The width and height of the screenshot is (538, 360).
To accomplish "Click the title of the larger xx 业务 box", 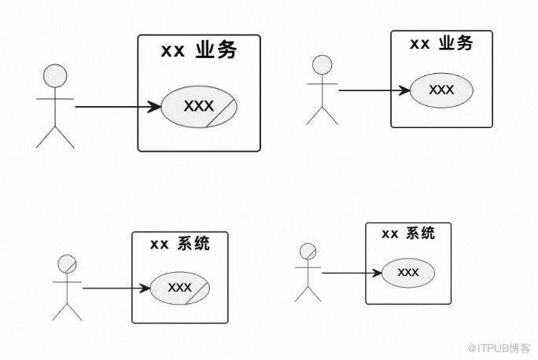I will coord(198,50).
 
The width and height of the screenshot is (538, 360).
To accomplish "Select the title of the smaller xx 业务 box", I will coord(441,43).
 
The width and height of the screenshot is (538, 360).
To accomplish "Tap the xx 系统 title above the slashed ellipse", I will coord(179,244).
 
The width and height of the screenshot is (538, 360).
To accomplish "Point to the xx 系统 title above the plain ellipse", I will coord(407,233).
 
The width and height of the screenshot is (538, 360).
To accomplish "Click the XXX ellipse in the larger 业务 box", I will coord(197,106).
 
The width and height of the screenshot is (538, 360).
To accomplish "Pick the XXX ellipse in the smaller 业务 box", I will coord(441,90).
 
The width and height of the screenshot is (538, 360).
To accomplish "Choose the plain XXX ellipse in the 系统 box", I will coord(407,272).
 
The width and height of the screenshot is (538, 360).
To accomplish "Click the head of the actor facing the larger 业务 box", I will coord(55,76).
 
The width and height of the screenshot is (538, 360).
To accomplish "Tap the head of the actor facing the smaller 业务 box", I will coord(322,65).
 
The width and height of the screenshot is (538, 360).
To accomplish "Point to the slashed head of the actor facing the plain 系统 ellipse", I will coord(308,252).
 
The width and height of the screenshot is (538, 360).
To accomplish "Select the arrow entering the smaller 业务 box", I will coord(374,90).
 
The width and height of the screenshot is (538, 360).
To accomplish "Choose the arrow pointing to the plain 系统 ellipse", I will coord(351,273).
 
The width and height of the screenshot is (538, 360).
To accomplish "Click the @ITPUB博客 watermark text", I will coord(498,347).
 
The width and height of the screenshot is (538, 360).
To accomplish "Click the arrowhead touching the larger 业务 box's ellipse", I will coord(155,106).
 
